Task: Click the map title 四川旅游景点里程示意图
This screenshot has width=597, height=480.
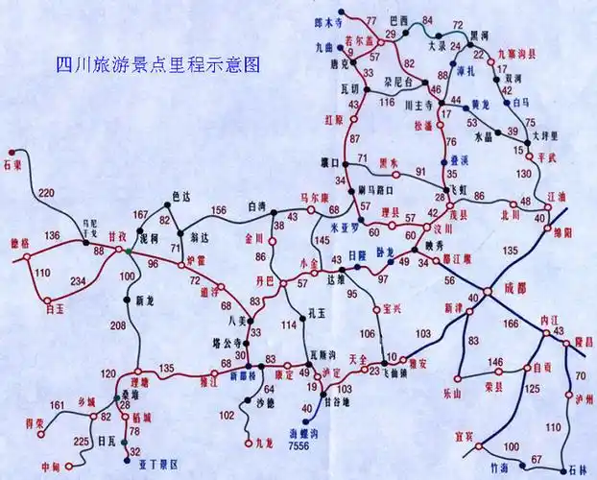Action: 157,66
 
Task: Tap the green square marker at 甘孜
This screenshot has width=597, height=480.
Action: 127,251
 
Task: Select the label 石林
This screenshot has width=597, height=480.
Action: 578,469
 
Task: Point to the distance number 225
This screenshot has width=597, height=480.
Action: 78,441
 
